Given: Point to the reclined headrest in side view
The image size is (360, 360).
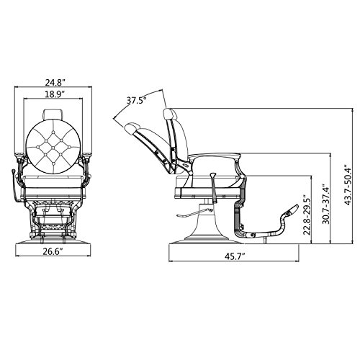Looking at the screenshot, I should [132, 129].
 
